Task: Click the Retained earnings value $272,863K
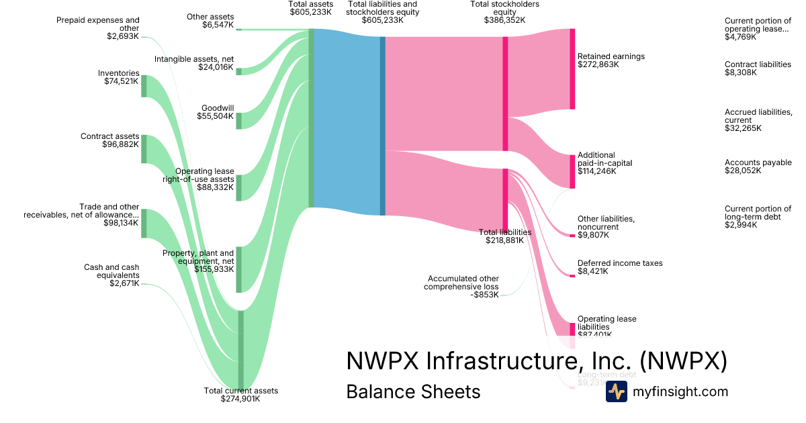[x=602, y=65]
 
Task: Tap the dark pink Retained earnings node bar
[x=572, y=68]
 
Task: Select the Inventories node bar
[x=144, y=86]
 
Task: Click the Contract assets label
[x=109, y=136]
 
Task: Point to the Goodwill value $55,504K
[x=216, y=116]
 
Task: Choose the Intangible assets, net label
[x=194, y=59]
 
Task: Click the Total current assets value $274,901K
[x=240, y=399]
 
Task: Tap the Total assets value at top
[x=311, y=12]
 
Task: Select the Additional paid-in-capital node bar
[x=572, y=171]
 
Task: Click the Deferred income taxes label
[x=620, y=263]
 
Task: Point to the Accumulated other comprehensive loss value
[x=485, y=295]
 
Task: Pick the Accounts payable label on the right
[x=758, y=162]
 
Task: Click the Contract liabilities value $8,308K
[x=740, y=73]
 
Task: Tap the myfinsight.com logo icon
[x=616, y=391]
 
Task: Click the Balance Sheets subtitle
[x=413, y=391]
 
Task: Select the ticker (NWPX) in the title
[x=683, y=361]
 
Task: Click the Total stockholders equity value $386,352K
[x=504, y=20]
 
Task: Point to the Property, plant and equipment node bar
[x=238, y=269]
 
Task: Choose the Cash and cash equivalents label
[x=111, y=271]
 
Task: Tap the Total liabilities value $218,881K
[x=504, y=240]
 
